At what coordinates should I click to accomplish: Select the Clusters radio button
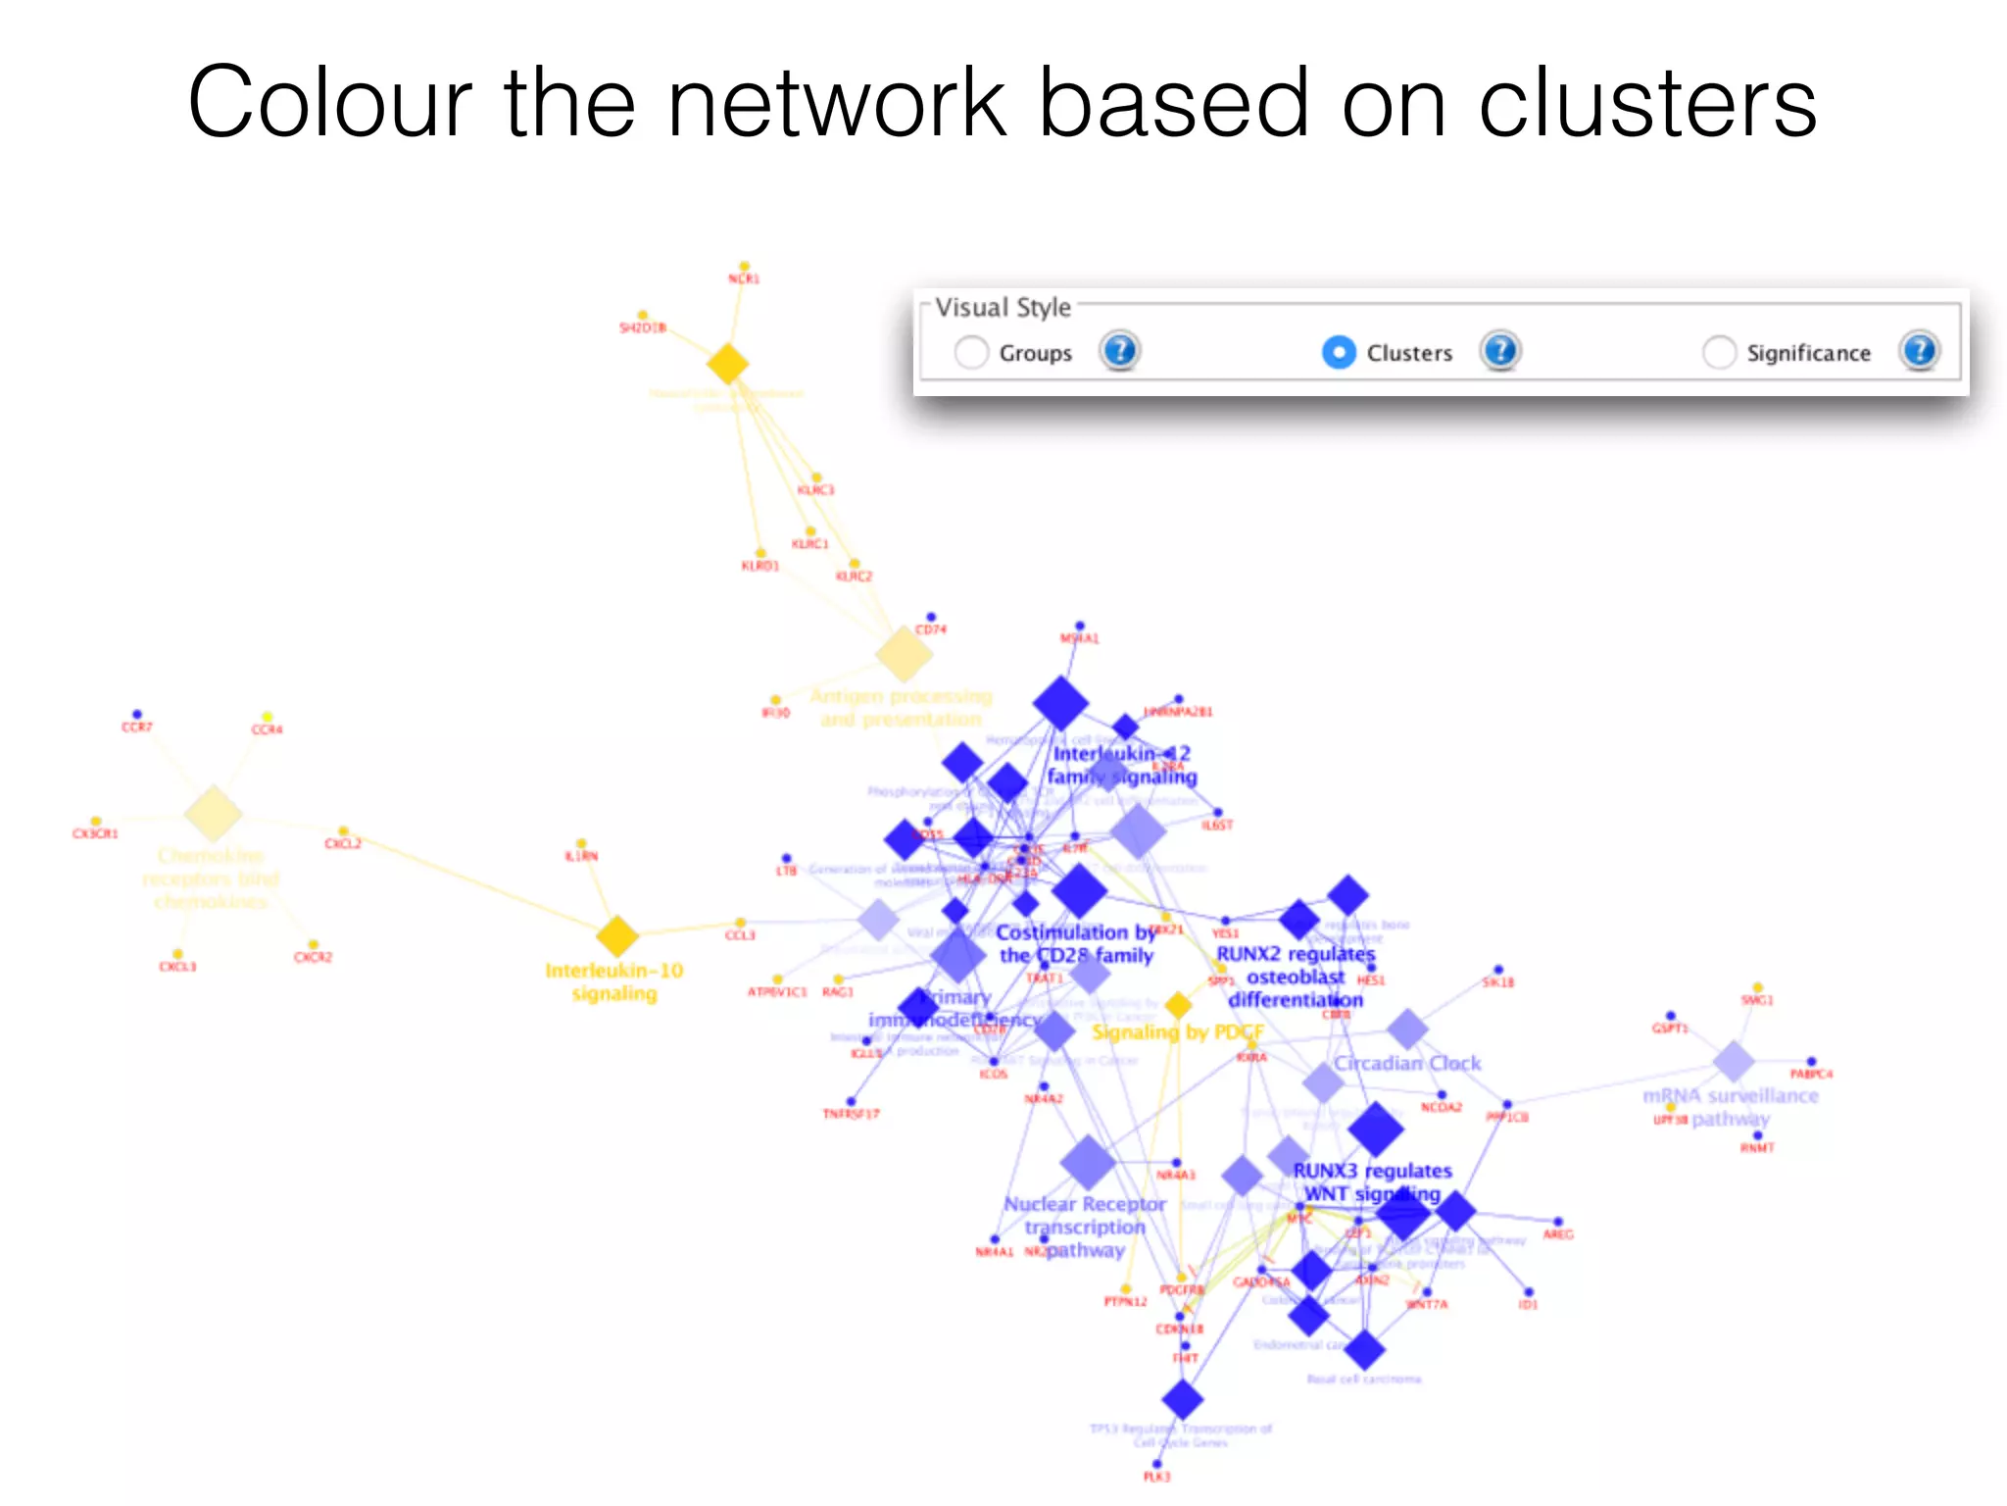point(1339,353)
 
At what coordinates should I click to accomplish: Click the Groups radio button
point(971,353)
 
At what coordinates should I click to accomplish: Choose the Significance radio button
point(1719,353)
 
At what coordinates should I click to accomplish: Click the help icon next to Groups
point(1119,351)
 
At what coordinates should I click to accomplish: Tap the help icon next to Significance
point(1919,351)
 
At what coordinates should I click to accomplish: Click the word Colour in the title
point(329,102)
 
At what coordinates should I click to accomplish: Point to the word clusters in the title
point(1647,102)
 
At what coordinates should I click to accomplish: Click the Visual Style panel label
point(1003,308)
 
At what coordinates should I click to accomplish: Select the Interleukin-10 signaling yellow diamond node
point(617,936)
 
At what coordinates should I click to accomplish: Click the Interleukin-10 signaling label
point(614,981)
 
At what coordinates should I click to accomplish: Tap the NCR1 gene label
point(744,279)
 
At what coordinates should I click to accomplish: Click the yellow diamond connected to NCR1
point(728,364)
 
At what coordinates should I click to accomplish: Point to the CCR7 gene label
point(136,728)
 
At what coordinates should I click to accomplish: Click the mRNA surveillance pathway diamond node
point(1734,1061)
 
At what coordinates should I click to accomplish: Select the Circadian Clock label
point(1407,1063)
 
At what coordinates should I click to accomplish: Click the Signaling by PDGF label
point(1177,1032)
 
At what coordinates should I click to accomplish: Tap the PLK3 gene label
point(1156,1477)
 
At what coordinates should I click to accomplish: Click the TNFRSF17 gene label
point(851,1114)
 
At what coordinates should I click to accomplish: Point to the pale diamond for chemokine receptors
point(213,813)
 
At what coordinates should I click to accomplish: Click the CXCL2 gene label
point(343,844)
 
